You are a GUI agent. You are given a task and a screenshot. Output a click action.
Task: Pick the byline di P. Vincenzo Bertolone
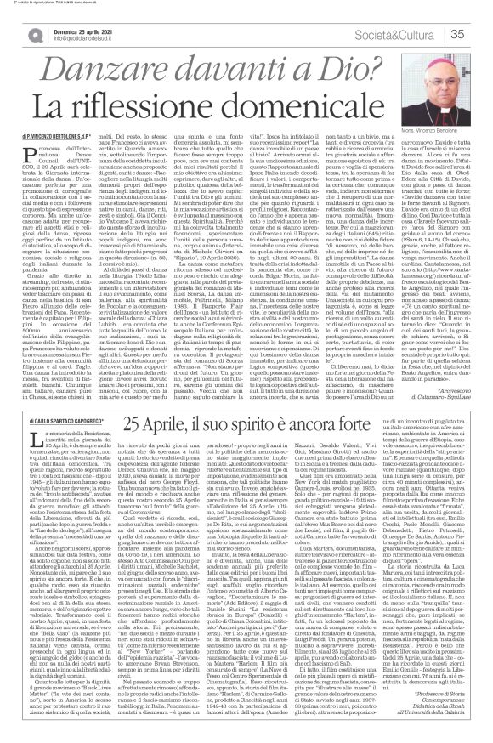click(x=51, y=158)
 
